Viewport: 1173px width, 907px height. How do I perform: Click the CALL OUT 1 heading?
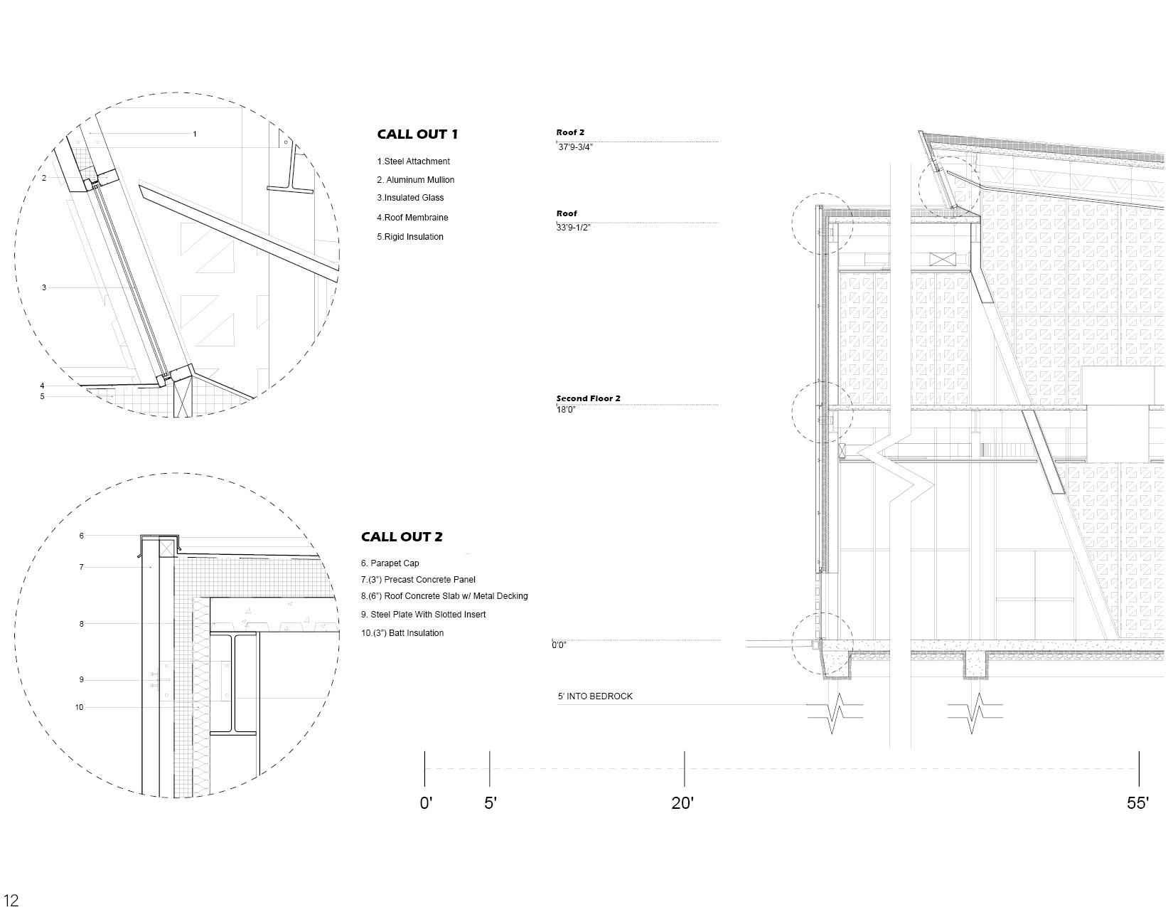point(417,134)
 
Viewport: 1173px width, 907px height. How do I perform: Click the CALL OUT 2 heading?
point(402,537)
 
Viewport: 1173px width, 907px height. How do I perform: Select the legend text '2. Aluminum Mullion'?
point(416,180)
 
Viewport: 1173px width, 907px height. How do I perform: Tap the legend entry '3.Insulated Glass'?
point(410,198)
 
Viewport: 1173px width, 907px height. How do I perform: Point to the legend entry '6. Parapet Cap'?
point(390,563)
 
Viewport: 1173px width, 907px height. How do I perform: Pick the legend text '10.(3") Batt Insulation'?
point(402,633)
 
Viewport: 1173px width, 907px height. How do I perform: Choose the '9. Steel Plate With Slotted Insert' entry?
point(424,615)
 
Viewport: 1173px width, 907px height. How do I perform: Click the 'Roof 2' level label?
point(570,132)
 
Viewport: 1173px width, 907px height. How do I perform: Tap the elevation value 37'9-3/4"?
point(574,147)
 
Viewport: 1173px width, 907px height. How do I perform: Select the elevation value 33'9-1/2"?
point(574,228)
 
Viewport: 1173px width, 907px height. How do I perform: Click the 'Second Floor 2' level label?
point(588,398)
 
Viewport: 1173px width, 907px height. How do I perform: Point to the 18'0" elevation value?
point(566,410)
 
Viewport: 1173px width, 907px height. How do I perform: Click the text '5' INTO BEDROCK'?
point(595,696)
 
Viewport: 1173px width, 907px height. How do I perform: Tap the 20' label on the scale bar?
point(682,803)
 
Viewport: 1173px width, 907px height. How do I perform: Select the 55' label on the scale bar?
point(1137,803)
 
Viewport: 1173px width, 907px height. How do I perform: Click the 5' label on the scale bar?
point(491,803)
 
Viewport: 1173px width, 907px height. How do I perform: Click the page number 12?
point(11,900)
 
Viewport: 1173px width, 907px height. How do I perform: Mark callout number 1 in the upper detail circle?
point(195,134)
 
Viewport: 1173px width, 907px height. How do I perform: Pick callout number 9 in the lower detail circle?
point(82,680)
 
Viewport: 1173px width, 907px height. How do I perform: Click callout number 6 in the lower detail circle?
point(82,536)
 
